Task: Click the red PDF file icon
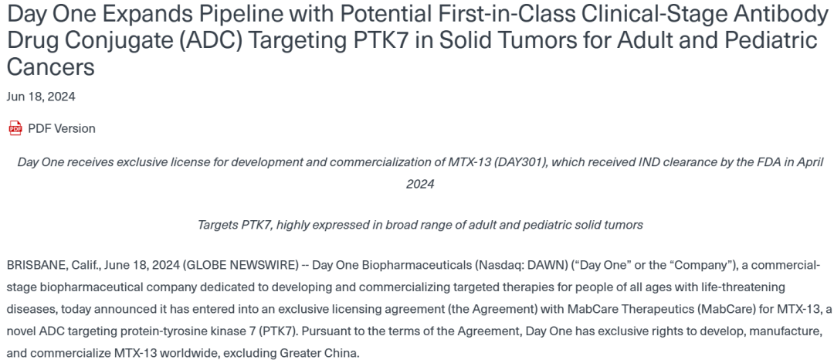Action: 15,128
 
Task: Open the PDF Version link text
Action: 62,129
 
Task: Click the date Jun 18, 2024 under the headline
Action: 41,97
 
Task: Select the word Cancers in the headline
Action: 50,67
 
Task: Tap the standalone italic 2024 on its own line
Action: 420,185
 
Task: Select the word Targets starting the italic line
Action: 217,225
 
